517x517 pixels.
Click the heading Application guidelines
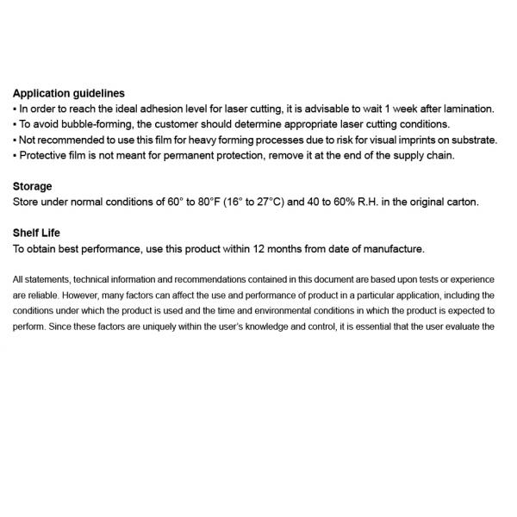[x=69, y=93]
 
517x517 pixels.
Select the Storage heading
[x=33, y=186]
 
